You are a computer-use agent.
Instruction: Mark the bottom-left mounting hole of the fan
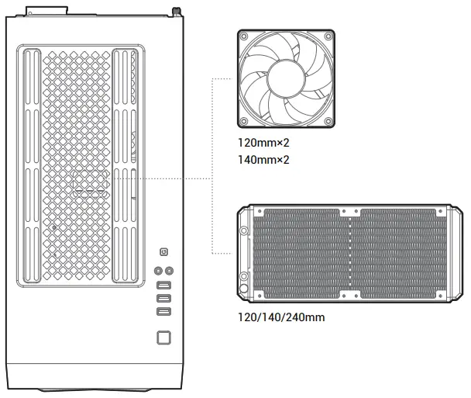point(245,122)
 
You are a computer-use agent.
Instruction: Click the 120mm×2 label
point(263,144)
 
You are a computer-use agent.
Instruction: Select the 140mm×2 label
point(263,160)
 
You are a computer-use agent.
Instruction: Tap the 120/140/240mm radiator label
point(281,317)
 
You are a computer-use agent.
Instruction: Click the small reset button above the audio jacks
point(163,252)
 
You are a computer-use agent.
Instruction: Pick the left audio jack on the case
point(158,270)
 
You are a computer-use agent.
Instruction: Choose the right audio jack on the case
point(170,270)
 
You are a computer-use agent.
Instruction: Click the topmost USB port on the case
point(163,286)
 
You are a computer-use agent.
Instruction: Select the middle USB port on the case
point(163,299)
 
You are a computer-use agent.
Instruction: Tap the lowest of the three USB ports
point(163,311)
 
